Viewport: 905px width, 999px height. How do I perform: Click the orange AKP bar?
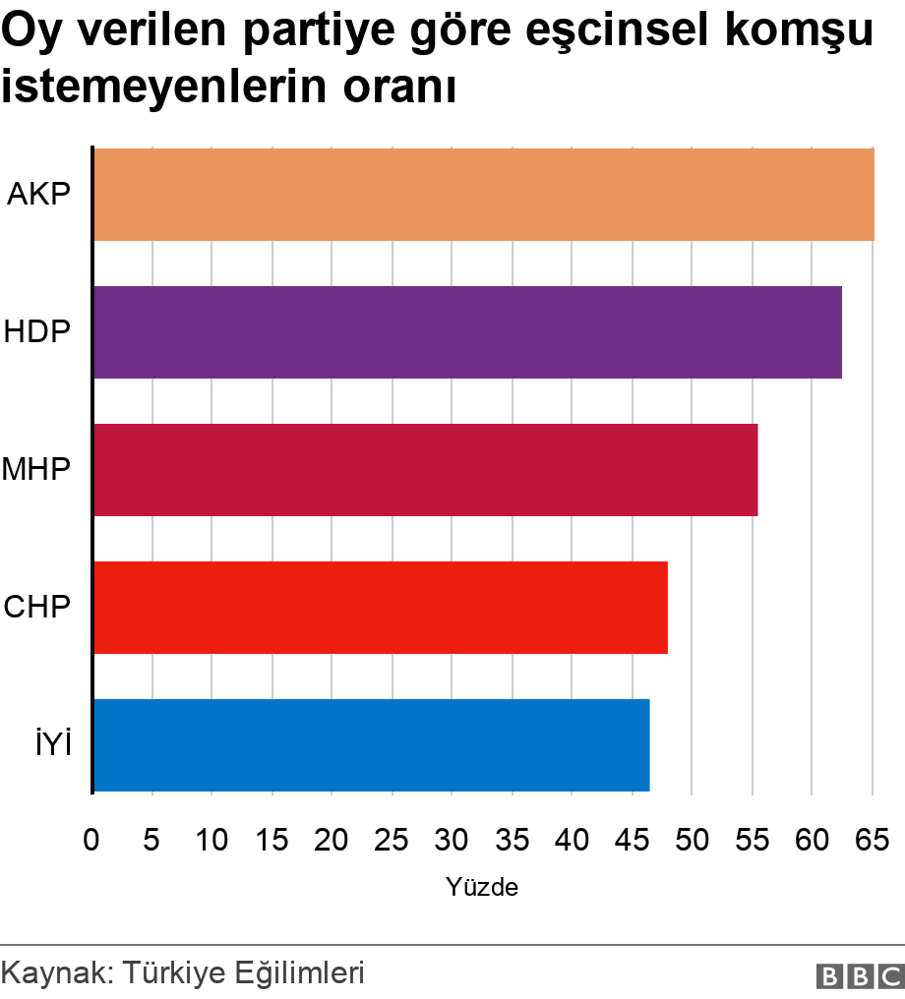coord(483,195)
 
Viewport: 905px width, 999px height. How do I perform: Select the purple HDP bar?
coord(467,332)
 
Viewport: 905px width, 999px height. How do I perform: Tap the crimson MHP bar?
coord(425,470)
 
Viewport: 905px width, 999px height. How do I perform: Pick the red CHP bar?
coord(380,608)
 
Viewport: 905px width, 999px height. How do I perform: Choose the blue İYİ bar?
coord(371,745)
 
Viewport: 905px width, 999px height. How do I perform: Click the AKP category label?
coord(38,195)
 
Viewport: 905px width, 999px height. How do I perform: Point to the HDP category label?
coord(37,332)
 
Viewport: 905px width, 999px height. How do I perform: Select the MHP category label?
coord(36,470)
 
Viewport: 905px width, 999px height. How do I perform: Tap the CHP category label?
coord(37,608)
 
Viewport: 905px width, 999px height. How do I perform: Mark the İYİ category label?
coord(54,745)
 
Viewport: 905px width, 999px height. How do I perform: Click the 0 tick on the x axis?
coord(91,840)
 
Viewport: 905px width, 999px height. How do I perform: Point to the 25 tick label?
coord(392,840)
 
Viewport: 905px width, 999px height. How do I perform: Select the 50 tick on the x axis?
coord(692,840)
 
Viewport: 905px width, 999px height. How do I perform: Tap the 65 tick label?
coord(871,840)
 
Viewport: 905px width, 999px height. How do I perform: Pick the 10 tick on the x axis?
coord(211,840)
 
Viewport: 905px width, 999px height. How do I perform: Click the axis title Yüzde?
coord(482,888)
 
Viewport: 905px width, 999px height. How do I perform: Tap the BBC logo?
coord(860,975)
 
